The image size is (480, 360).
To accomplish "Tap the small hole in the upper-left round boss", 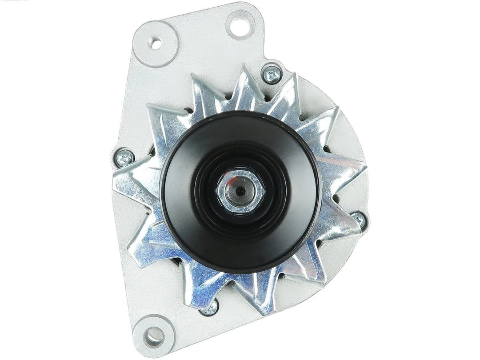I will click(155, 44).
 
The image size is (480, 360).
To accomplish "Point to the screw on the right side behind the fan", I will click(358, 218).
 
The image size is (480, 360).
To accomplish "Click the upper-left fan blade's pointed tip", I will click(149, 105).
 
